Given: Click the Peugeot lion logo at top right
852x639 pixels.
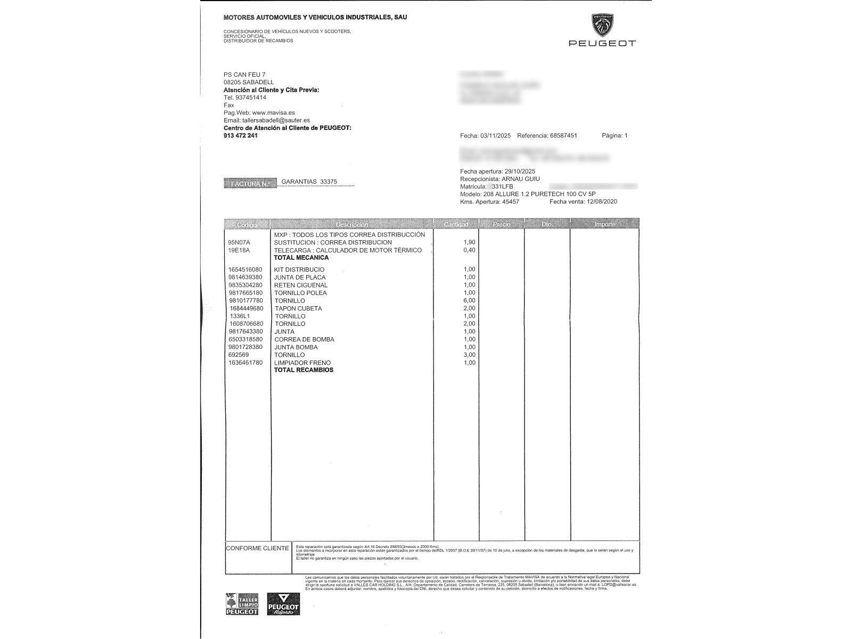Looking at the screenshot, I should [602, 26].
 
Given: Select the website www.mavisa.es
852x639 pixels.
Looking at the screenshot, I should [273, 113].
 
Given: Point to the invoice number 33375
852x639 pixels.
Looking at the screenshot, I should [328, 182].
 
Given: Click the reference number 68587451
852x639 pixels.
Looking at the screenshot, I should [563, 136].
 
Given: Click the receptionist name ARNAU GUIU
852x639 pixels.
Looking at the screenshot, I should [521, 179].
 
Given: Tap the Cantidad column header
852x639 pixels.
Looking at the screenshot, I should [456, 224].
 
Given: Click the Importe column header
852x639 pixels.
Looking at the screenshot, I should [604, 224].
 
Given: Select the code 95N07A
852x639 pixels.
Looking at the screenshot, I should [239, 242].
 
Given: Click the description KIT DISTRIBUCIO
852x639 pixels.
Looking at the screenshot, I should [299, 269].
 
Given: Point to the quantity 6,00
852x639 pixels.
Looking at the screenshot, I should [469, 300].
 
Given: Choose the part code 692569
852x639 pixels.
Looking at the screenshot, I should [238, 355].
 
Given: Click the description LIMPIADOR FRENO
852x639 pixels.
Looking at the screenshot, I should [302, 363].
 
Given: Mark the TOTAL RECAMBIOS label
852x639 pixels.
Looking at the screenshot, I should [304, 370].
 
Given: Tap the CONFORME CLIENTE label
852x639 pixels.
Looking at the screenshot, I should [257, 548].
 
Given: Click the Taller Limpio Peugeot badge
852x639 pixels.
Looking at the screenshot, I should [242, 604].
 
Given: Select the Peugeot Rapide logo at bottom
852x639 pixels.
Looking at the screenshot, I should [283, 604].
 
